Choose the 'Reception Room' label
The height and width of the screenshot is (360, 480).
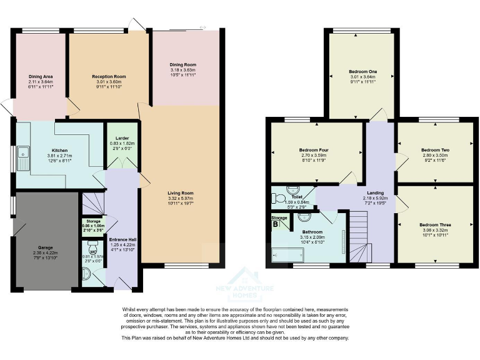109,76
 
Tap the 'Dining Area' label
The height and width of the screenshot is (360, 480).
39,76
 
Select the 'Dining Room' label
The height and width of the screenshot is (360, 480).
184,64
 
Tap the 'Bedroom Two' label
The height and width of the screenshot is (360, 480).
435,151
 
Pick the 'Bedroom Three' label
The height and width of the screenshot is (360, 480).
435,224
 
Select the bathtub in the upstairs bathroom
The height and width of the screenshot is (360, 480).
287,255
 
